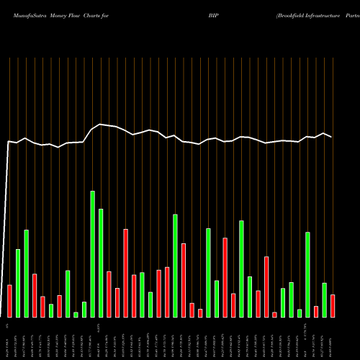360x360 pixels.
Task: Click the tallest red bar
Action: [x=126, y=273]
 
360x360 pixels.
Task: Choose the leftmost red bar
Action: [x=9, y=301]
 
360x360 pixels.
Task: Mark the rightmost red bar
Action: [x=333, y=306]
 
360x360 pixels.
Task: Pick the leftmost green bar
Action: [x=18, y=283]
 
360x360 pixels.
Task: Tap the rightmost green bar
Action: [x=324, y=300]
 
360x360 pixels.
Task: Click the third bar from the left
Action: [x=27, y=274]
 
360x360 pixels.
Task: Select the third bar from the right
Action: [x=316, y=312]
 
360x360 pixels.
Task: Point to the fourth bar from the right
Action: [x=307, y=274]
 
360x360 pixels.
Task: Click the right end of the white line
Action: [x=332, y=137]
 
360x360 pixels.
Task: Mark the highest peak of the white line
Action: [x=100, y=125]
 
